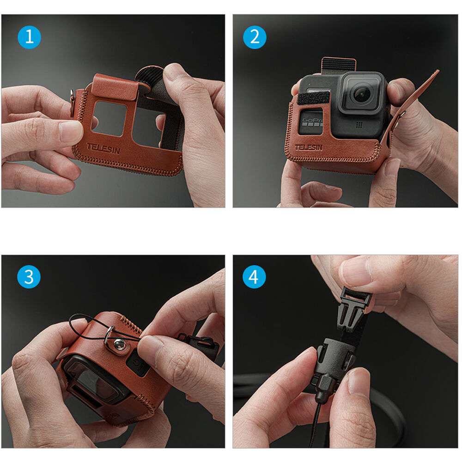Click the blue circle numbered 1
pyautogui.click(x=29, y=37)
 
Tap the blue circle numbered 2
pyautogui.click(x=255, y=37)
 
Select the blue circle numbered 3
pyautogui.click(x=29, y=277)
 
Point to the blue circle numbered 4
pyautogui.click(x=254, y=277)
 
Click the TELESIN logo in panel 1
pyautogui.click(x=103, y=149)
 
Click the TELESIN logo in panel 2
pyautogui.click(x=309, y=147)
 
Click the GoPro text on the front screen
pyautogui.click(x=312, y=120)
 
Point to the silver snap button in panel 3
pyautogui.click(x=119, y=344)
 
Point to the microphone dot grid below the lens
pyautogui.click(x=359, y=125)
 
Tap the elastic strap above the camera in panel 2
pyautogui.click(x=338, y=65)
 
